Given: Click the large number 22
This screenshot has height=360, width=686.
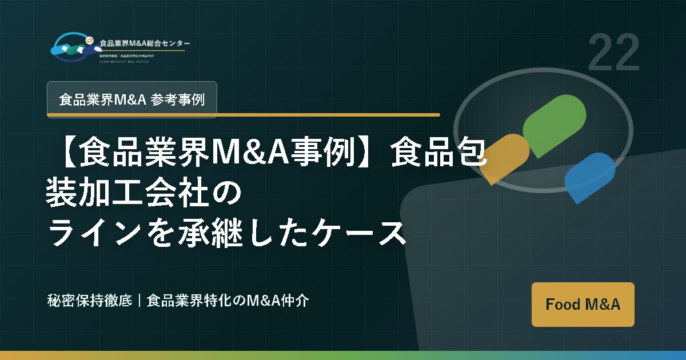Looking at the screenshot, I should [x=613, y=53].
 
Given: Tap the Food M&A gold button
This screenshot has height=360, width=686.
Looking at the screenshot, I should [x=583, y=304].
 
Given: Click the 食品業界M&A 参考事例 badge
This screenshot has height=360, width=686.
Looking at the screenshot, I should [x=131, y=99].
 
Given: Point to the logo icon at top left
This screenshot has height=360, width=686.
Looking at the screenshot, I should [x=71, y=46].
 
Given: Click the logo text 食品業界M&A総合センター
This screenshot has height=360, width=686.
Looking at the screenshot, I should [x=145, y=43].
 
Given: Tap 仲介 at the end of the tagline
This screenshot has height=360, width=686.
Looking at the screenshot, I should [x=297, y=301].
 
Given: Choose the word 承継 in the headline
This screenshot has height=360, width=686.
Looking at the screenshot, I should [x=219, y=234].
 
